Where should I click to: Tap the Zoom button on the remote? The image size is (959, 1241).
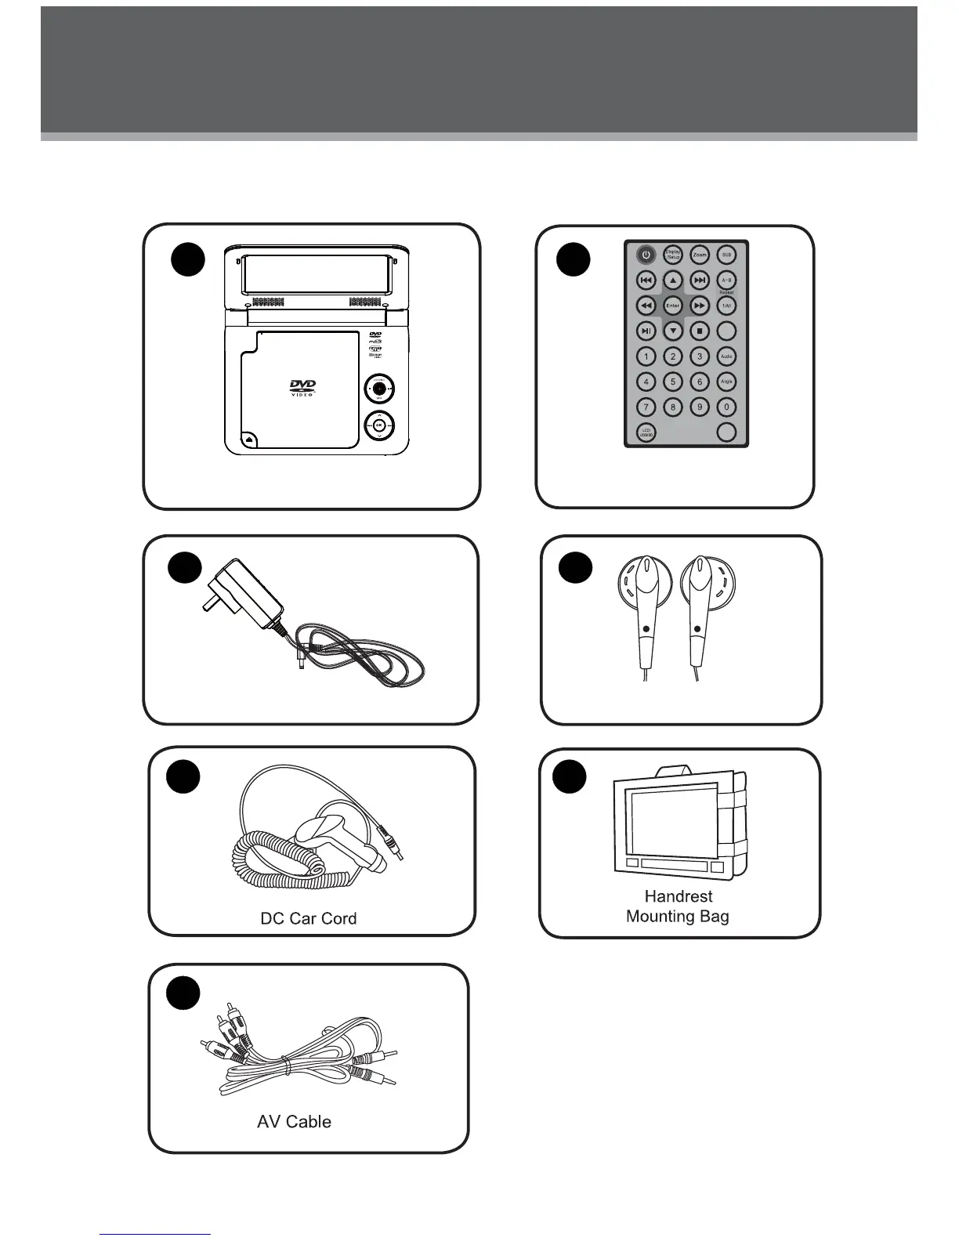[x=700, y=255]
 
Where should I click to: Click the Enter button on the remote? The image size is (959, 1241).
[x=673, y=306]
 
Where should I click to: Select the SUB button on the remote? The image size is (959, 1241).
[x=726, y=255]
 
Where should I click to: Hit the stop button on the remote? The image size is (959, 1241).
[x=700, y=331]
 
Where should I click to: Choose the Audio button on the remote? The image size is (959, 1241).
[x=726, y=356]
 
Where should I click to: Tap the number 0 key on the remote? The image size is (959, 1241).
[x=726, y=407]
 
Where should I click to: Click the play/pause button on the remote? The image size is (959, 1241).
[x=646, y=331]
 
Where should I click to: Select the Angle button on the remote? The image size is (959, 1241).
[x=726, y=382]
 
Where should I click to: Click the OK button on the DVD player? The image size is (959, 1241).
[x=379, y=425]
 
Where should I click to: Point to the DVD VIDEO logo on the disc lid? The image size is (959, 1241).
[x=302, y=388]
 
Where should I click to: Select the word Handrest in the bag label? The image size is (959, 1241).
[x=679, y=896]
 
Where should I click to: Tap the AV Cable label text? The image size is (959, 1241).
[x=294, y=1122]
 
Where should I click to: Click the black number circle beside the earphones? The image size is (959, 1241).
[x=576, y=567]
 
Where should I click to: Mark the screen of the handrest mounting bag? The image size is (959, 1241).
[x=673, y=823]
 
